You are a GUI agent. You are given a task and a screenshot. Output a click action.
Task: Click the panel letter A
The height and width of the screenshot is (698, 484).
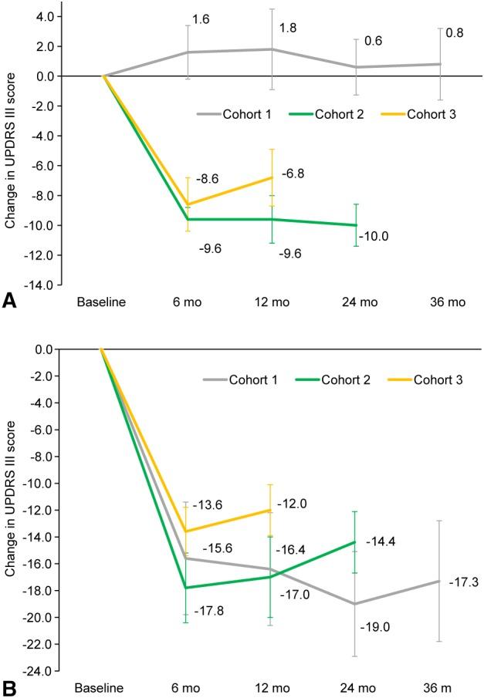pos(9,302)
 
